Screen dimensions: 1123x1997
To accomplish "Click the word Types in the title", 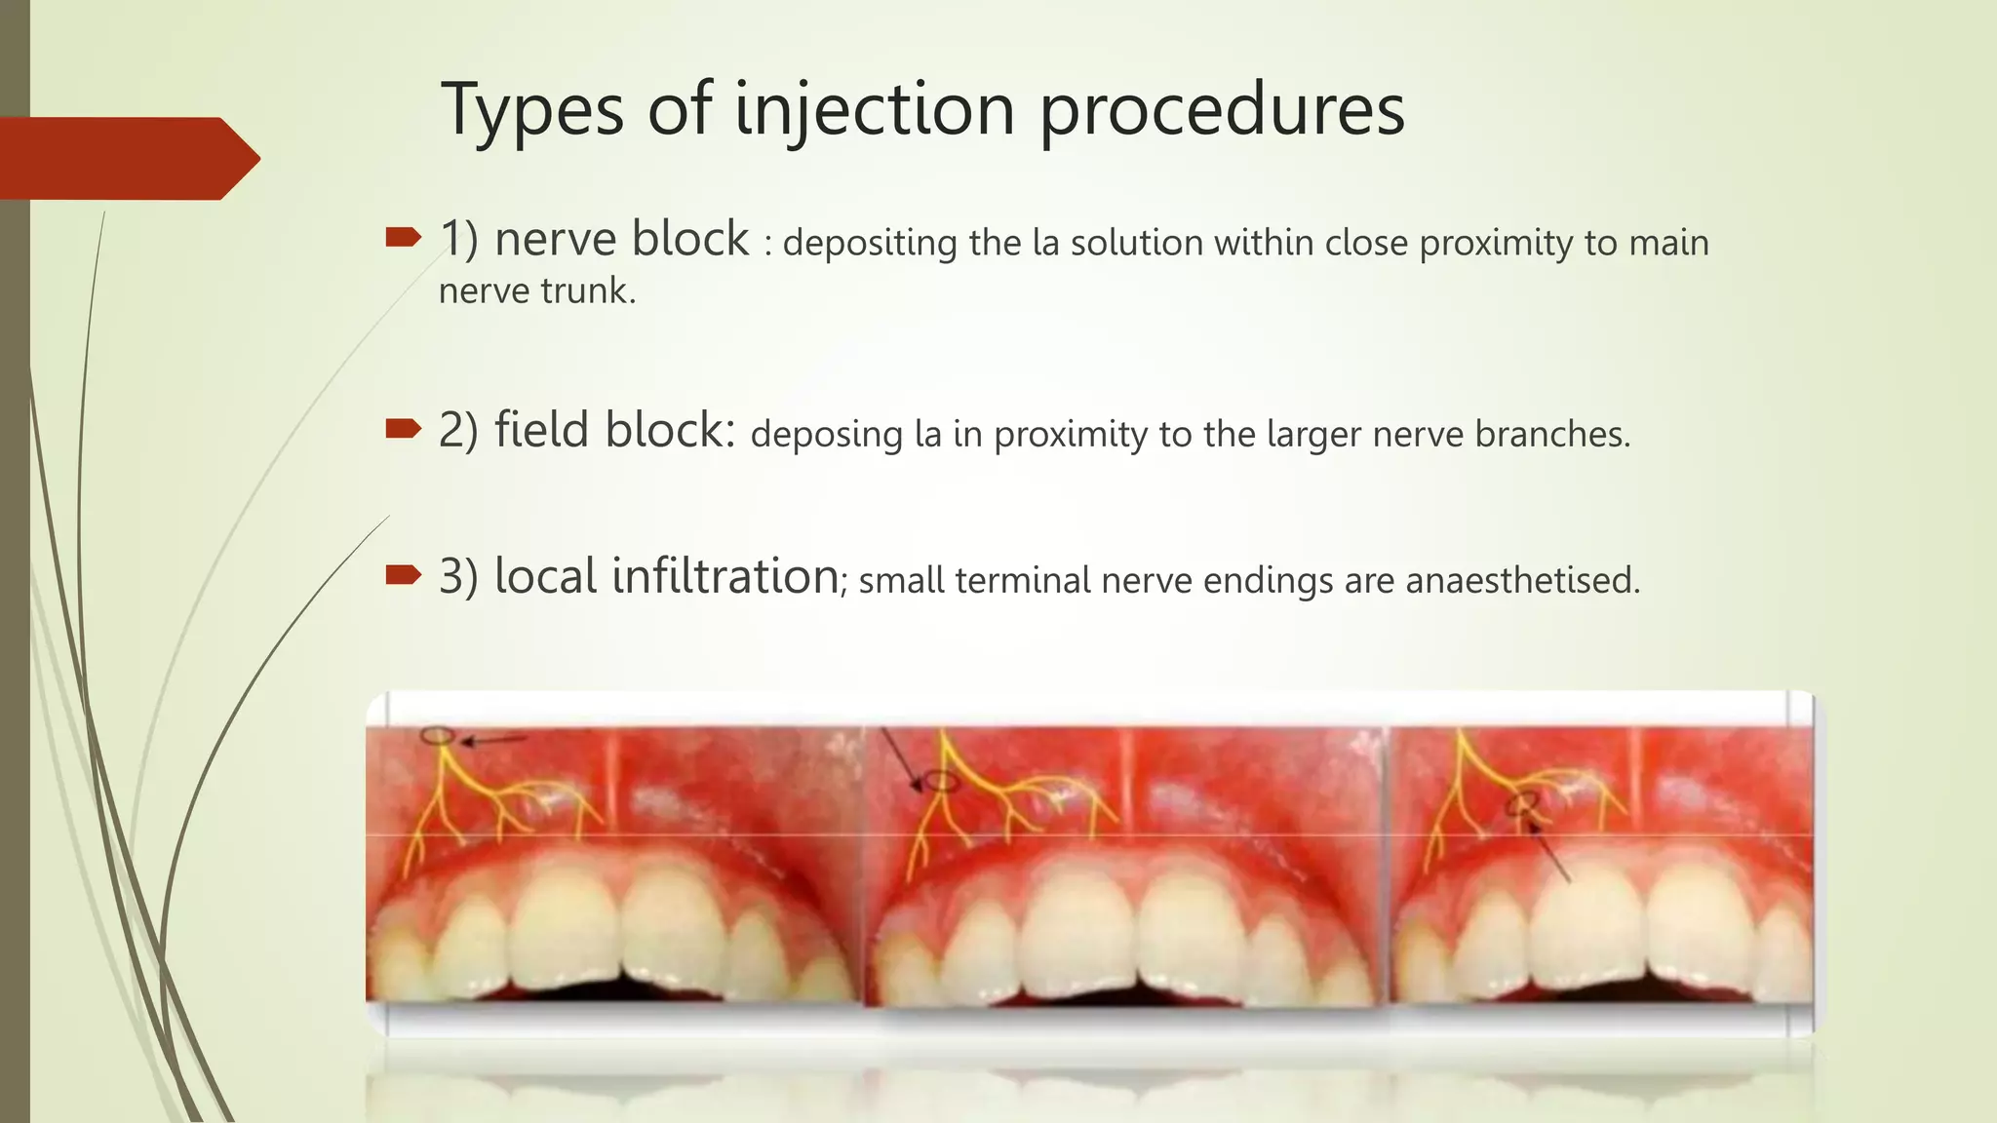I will point(531,110).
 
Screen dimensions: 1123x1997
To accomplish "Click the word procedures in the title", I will point(1222,110).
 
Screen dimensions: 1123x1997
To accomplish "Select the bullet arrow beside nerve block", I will point(403,237).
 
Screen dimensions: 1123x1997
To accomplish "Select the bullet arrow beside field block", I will point(403,428).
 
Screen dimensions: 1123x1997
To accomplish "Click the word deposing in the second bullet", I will point(826,435).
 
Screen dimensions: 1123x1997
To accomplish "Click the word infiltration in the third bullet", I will point(724,576).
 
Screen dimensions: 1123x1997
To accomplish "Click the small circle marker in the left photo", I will point(438,736).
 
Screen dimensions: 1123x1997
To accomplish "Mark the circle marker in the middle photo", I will point(941,780).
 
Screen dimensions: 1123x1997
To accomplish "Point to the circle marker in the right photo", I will point(1522,803).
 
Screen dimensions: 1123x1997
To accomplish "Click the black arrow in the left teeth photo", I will point(492,740).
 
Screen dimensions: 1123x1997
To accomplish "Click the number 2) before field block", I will point(458,430).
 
